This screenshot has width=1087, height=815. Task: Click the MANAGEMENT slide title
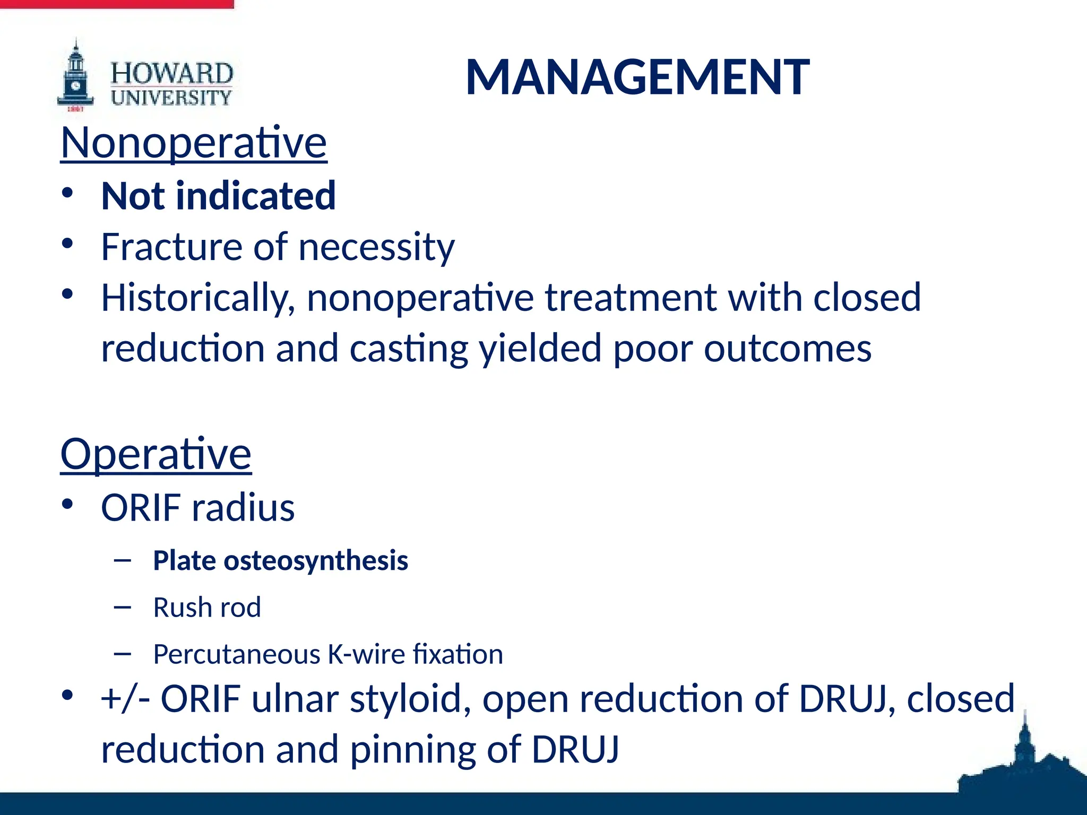coord(637,77)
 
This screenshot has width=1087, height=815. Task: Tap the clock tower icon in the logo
coord(76,77)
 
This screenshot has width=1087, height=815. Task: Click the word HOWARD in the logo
coord(171,73)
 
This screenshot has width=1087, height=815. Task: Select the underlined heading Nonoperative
coord(194,143)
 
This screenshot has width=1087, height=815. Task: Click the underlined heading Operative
coord(156,454)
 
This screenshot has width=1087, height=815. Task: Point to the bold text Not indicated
coord(218,196)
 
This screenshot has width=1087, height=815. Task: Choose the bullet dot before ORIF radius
coord(67,505)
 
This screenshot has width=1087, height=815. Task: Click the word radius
coord(243,508)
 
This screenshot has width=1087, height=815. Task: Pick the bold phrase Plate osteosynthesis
coord(280,561)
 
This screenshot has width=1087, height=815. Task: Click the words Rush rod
coord(207,608)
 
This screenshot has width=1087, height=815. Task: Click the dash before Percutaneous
coord(123,654)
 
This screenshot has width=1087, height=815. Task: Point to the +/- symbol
coord(125,699)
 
